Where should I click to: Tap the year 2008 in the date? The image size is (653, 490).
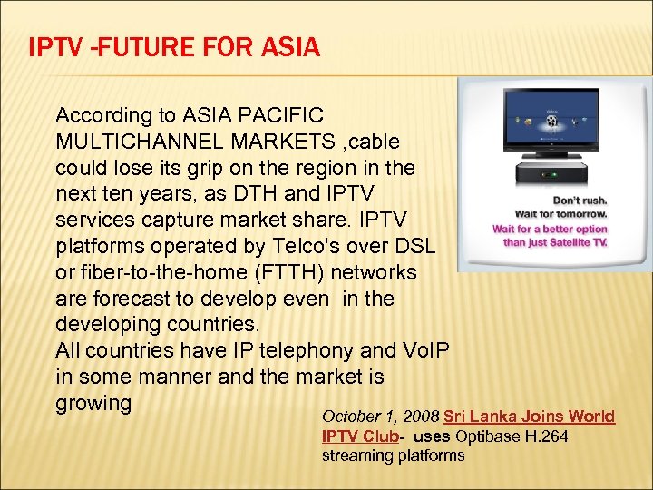(x=420, y=416)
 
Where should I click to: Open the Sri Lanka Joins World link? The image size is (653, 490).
(x=529, y=416)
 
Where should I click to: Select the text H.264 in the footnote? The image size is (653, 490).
(x=556, y=436)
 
